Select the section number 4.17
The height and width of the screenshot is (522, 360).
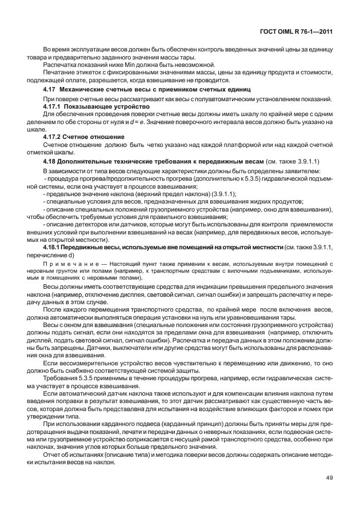point(50,90)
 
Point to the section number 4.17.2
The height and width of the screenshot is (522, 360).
point(53,137)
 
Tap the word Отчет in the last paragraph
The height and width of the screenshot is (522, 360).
point(53,455)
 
